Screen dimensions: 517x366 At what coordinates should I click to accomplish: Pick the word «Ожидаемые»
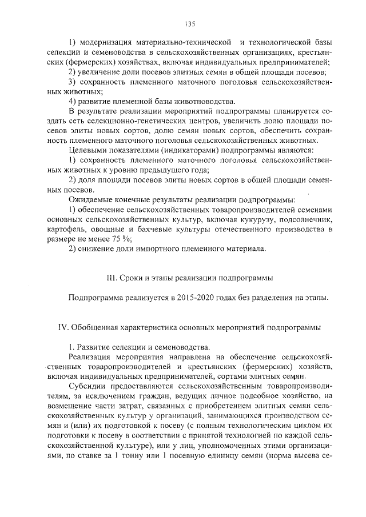pyautogui.click(x=90, y=200)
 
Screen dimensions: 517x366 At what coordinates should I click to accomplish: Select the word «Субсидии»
pyautogui.click(x=85, y=386)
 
